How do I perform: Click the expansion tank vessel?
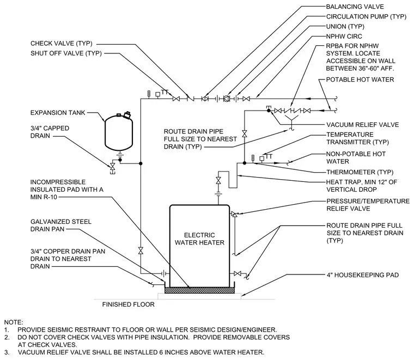click(119, 132)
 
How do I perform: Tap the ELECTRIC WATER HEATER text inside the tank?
click(199, 239)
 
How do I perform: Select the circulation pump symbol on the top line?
click(227, 99)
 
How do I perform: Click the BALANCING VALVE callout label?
click(355, 7)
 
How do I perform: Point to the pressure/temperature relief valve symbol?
click(234, 214)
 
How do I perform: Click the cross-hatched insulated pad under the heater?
click(199, 290)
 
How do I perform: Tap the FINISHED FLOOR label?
click(129, 304)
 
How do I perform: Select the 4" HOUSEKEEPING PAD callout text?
click(362, 275)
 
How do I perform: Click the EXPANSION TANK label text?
click(58, 113)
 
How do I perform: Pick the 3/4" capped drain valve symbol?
click(113, 167)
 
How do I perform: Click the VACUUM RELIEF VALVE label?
click(362, 125)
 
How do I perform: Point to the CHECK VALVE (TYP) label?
click(62, 43)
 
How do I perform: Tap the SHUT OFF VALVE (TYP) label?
click(66, 53)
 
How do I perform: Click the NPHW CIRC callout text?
click(344, 36)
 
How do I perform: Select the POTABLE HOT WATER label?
click(360, 80)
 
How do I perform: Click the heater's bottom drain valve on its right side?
click(238, 273)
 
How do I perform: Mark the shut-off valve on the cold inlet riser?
click(141, 251)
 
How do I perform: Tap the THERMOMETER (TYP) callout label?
click(360, 172)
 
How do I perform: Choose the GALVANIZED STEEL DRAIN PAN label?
click(61, 225)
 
